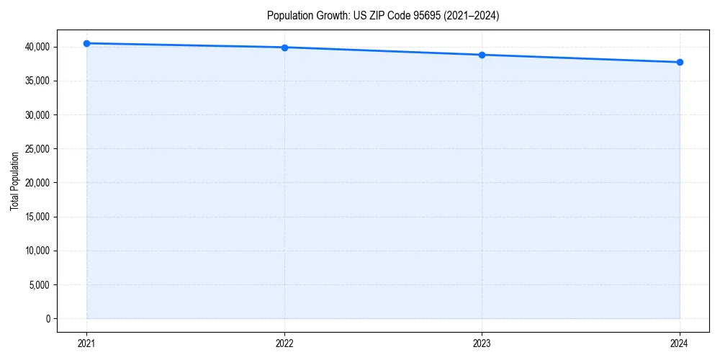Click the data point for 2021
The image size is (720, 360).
click(x=86, y=43)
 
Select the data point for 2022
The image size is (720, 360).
click(x=284, y=48)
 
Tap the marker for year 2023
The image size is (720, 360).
click(x=482, y=55)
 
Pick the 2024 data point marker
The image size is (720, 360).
click(x=680, y=62)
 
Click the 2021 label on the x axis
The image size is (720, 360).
click(x=86, y=343)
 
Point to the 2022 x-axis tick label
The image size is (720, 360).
click(x=284, y=343)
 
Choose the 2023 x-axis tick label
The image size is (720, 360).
click(x=482, y=343)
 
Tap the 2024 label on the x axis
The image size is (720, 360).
click(x=680, y=343)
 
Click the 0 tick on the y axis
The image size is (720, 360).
click(x=48, y=318)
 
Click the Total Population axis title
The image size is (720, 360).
click(x=14, y=181)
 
